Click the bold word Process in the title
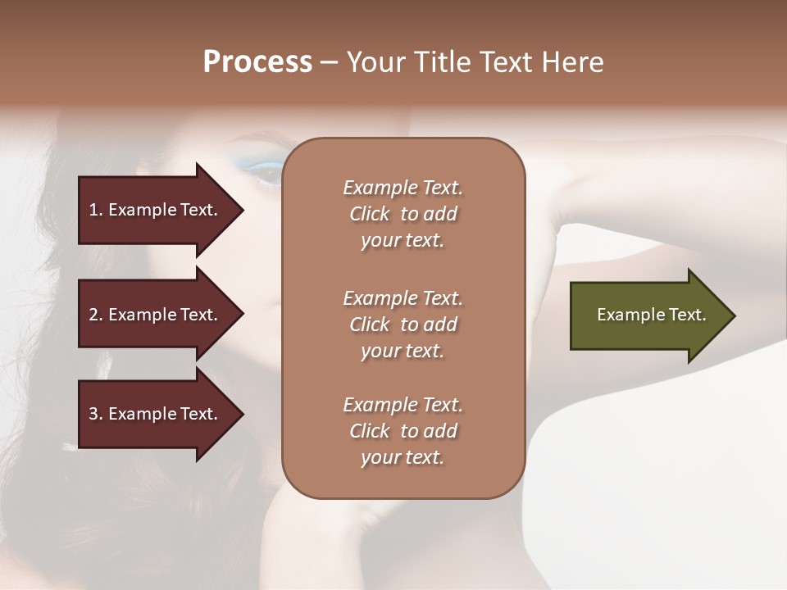click(257, 62)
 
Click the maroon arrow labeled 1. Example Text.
click(156, 210)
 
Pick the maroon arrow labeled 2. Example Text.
click(156, 315)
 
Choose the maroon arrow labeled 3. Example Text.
click(156, 414)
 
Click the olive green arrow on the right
click(648, 315)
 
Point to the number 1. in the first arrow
click(96, 210)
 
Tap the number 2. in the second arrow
click(96, 315)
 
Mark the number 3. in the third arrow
click(96, 414)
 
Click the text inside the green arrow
click(651, 315)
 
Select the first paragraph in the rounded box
click(403, 214)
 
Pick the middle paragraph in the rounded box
click(403, 324)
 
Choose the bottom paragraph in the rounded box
click(403, 431)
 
